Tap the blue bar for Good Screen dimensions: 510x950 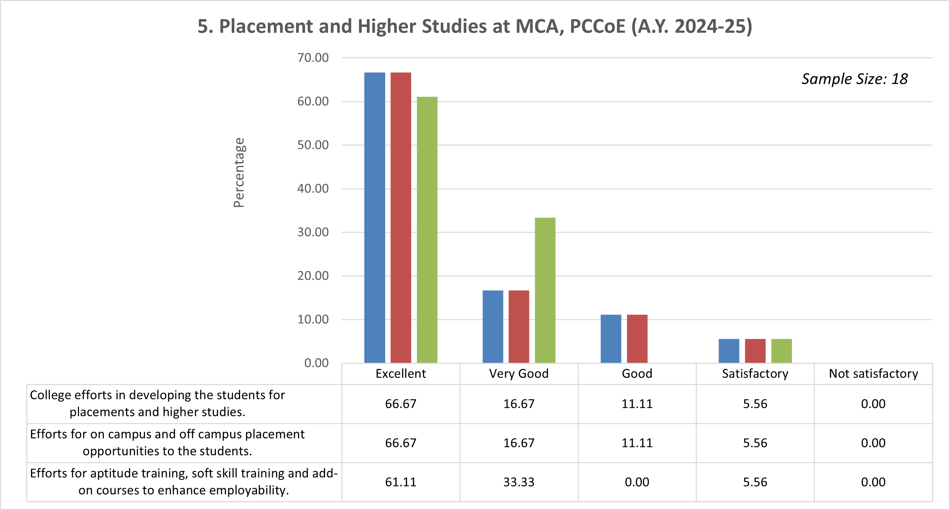coord(611,339)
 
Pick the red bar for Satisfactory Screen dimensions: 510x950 coord(755,351)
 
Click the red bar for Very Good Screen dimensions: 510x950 coord(519,326)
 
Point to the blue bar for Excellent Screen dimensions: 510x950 coord(375,217)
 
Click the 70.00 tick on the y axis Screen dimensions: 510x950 coord(313,58)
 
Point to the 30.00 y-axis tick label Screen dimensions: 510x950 coord(313,232)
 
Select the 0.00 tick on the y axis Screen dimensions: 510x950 coord(316,363)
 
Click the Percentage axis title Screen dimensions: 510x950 coord(239,172)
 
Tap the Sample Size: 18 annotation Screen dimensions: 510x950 coord(854,79)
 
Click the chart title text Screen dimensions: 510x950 coord(474,26)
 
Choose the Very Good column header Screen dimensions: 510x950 coord(519,374)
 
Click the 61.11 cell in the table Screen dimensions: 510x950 coord(401,482)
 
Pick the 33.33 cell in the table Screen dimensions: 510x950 coord(519,482)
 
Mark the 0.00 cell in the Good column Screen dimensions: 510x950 coord(637,482)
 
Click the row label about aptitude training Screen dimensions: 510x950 coord(184,482)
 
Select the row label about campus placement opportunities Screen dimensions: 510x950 coord(167,443)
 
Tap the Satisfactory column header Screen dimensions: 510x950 coord(755,374)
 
